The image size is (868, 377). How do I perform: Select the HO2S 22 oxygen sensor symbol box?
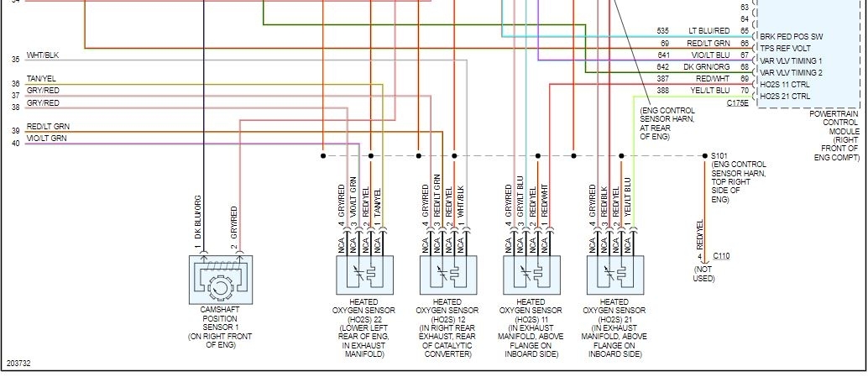coord(363,275)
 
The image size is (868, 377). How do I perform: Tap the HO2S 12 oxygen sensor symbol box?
coord(447,275)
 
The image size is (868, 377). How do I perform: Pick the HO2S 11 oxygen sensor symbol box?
coord(531,275)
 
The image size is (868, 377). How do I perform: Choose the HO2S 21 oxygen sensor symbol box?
coord(614,275)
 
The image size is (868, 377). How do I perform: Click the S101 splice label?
coord(720,155)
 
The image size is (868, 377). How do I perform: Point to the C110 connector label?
coord(722,257)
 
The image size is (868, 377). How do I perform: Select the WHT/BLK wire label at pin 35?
coord(42,55)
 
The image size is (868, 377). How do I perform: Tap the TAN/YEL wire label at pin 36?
coord(41,79)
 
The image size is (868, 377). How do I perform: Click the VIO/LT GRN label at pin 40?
coord(46,138)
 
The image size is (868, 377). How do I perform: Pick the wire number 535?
coord(663,31)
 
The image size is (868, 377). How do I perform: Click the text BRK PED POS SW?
coord(791,37)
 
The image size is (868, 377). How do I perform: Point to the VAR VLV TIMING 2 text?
coord(791,73)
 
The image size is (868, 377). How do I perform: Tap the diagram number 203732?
coord(18,364)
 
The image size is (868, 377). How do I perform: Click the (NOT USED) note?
coord(703,273)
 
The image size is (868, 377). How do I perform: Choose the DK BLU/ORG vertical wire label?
coord(199,218)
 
